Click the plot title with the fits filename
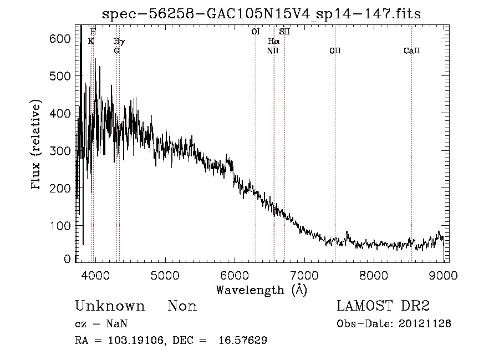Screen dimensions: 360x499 pos(262,14)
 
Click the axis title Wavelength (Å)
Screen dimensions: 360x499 pos(261,290)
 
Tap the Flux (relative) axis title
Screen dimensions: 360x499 pos(37,146)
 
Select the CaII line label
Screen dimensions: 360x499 pos(411,51)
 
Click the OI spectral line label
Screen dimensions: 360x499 pos(256,32)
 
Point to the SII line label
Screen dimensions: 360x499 pos(284,32)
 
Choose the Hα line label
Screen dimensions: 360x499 pos(273,42)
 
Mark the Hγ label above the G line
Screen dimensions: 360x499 pos(119,42)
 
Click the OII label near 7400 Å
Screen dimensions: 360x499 pos(335,51)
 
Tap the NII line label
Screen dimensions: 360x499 pos(272,51)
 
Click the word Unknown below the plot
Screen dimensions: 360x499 pos(110,306)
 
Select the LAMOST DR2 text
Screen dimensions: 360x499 pos(383,306)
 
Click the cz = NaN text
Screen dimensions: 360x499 pos(97,323)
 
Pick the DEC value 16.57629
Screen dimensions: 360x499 pos(247,340)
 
